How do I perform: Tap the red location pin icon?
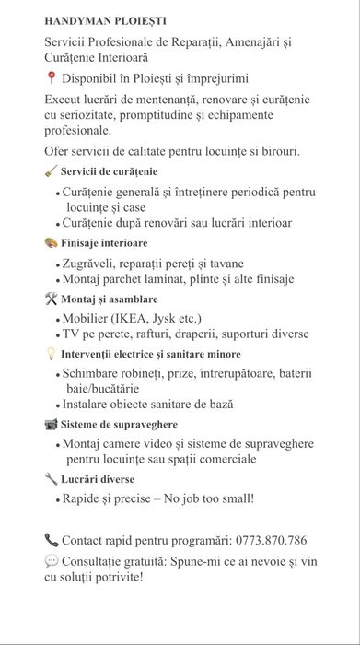click(50, 79)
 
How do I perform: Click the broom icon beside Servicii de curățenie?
click(51, 171)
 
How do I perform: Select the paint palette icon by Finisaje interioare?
click(51, 242)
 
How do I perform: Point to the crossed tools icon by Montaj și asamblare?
click(51, 299)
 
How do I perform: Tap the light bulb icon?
click(51, 354)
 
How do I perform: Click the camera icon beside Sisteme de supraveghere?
click(51, 424)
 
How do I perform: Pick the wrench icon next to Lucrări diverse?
click(51, 479)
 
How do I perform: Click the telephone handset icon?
click(51, 540)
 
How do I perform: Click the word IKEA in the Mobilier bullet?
click(138, 319)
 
